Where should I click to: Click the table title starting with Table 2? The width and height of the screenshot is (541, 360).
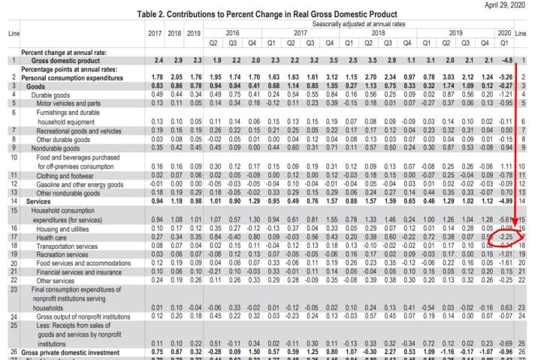click(x=270, y=14)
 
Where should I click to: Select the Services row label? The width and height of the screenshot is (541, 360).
click(x=38, y=201)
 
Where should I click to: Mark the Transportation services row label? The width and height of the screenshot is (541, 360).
click(x=68, y=244)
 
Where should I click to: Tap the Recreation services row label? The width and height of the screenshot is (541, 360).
click(x=62, y=253)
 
